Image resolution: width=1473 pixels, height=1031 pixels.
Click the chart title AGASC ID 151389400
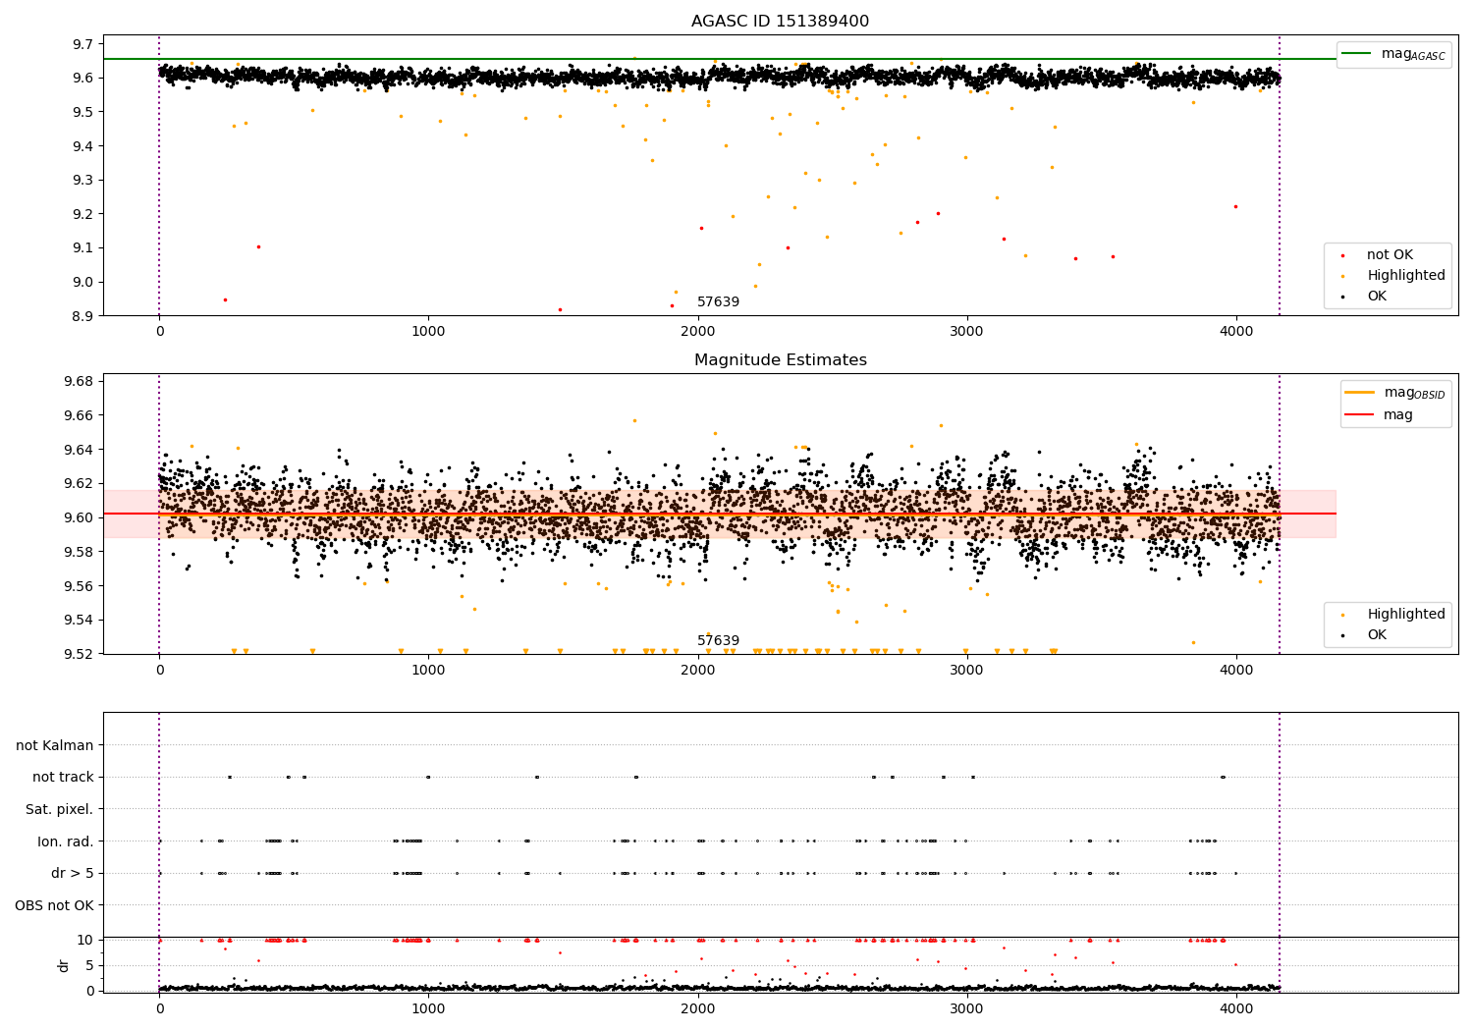pos(780,22)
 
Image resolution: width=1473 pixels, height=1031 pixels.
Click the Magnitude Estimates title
pos(780,360)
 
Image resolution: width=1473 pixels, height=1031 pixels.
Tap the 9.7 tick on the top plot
pos(82,44)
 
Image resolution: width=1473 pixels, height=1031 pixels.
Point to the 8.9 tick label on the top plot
pos(82,316)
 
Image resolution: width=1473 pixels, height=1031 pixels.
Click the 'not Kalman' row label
pos(55,745)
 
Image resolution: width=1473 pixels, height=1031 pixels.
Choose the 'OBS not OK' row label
pos(54,905)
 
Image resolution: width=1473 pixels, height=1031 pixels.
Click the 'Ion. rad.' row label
pos(65,841)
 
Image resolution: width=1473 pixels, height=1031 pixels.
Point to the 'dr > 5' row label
pos(72,873)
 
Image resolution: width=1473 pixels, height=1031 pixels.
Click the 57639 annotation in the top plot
pos(718,301)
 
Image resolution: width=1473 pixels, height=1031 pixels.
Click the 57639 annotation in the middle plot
pos(718,640)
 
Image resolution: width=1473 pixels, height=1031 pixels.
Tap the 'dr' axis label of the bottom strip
pos(64,965)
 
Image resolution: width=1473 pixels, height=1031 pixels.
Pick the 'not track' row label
pos(63,778)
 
